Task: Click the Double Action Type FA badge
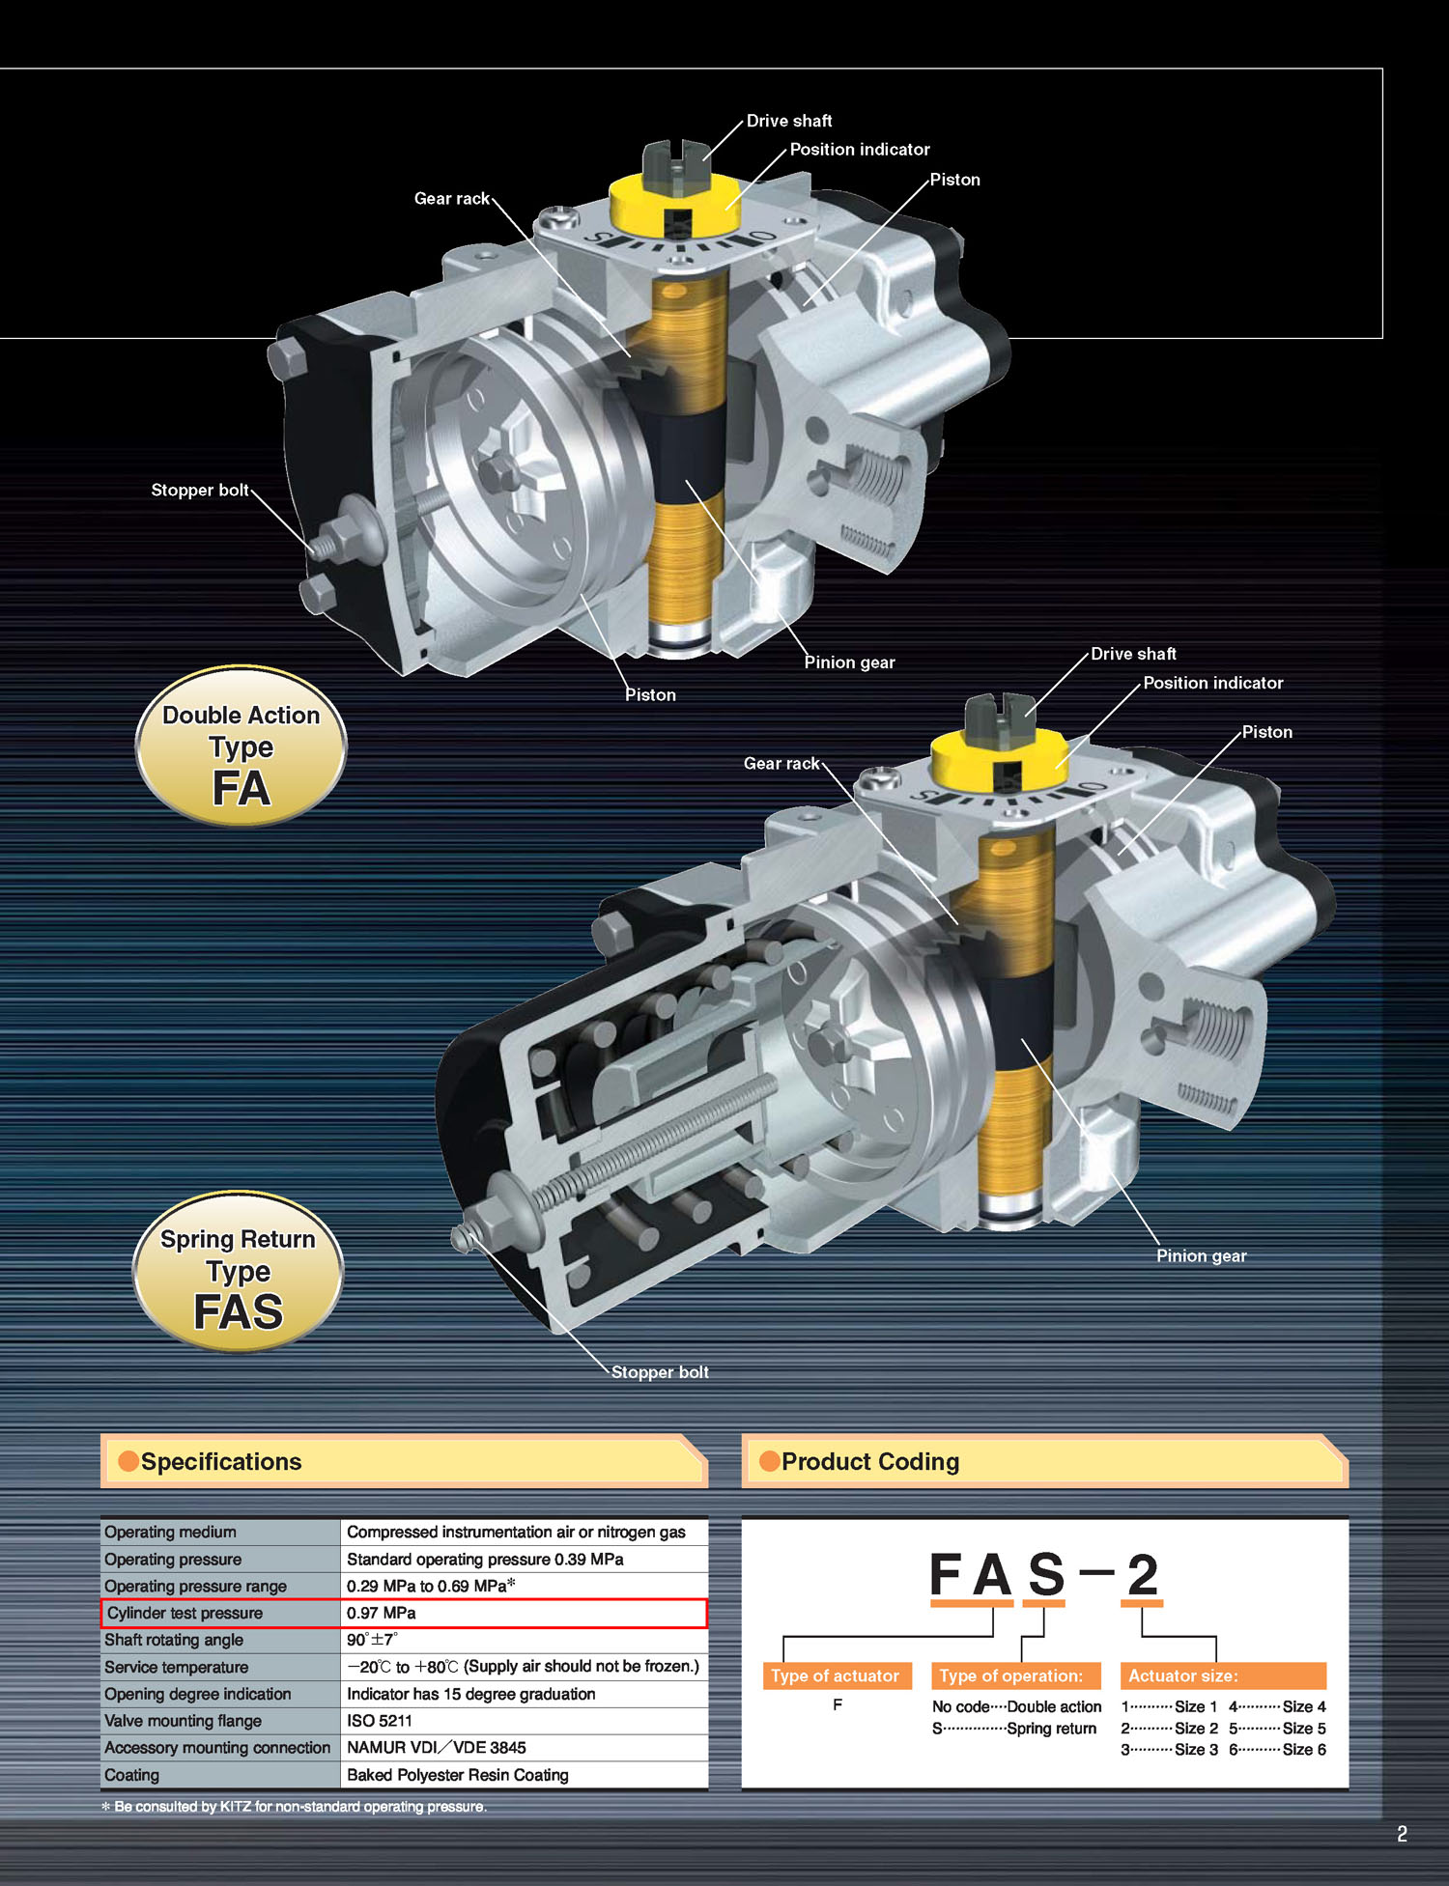(x=241, y=746)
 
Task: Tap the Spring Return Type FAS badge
(x=238, y=1271)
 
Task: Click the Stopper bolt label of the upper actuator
(x=200, y=490)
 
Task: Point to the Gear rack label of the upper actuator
(x=452, y=198)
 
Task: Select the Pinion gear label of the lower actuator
(x=1202, y=1255)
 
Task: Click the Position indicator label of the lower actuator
(x=1213, y=683)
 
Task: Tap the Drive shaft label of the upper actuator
(x=789, y=121)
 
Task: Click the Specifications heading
(x=221, y=1461)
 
